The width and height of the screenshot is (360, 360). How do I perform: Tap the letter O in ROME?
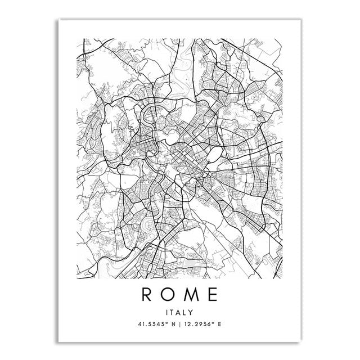coord(167,294)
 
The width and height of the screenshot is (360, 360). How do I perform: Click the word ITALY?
coord(180,311)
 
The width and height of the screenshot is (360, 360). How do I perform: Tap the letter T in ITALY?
coord(173,311)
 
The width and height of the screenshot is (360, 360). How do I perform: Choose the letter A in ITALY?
coord(179,311)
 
